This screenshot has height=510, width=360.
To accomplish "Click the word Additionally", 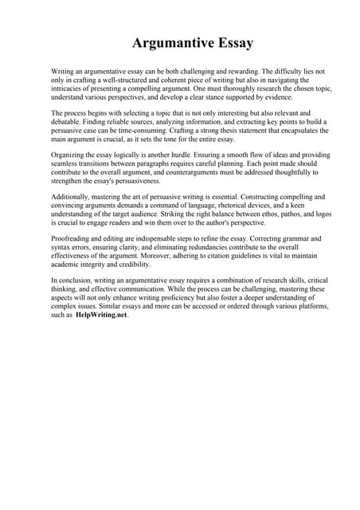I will point(72,196).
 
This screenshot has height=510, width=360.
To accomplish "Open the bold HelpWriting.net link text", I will point(101,315).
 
